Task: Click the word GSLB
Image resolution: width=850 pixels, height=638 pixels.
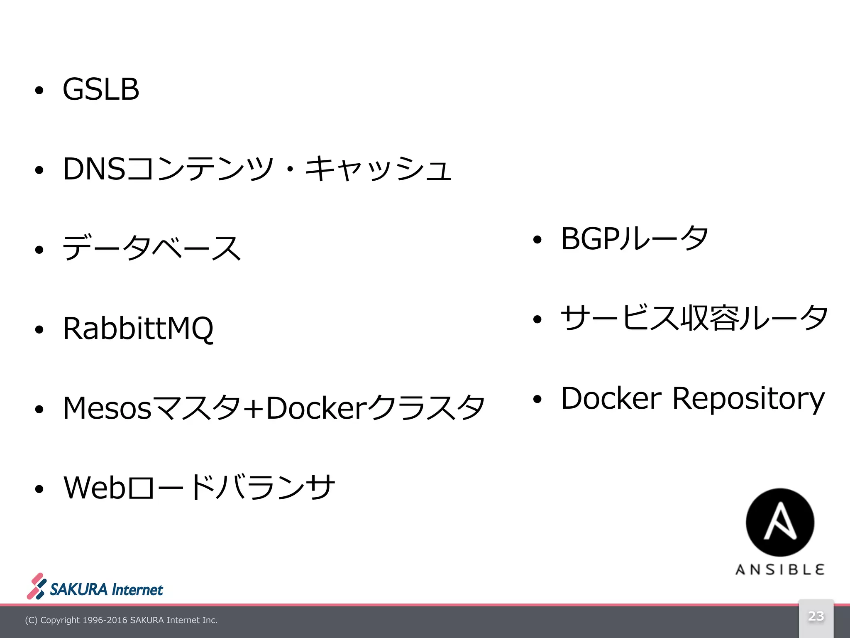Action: coord(101,89)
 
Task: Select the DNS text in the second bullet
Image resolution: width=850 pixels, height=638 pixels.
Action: coord(94,169)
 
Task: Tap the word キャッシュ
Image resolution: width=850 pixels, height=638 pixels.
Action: coord(378,169)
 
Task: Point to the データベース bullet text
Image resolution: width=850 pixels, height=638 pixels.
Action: coord(151,248)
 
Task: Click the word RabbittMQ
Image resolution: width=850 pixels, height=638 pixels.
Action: coord(138,329)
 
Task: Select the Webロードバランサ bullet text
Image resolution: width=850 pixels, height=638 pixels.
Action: coord(199,487)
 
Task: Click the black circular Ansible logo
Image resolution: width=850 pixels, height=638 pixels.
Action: coord(780,522)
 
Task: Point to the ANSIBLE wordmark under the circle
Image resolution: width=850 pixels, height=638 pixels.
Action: coord(780,569)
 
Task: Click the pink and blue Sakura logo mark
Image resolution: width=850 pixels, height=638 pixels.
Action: coord(37,586)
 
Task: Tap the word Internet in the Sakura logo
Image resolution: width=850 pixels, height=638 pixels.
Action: coord(137,590)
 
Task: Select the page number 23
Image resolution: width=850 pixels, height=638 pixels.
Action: coord(816,616)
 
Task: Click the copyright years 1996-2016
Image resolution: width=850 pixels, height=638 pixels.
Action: coord(105,620)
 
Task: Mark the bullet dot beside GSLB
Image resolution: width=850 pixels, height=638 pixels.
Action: coord(39,91)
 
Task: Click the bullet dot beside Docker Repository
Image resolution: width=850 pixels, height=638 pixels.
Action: coord(537,399)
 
